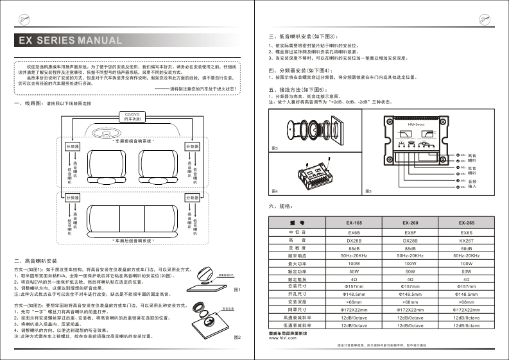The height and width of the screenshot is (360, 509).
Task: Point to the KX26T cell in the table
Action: click(x=467, y=239)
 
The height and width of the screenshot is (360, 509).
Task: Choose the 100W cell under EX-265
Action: click(x=467, y=264)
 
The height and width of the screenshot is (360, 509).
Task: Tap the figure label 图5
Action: click(x=368, y=191)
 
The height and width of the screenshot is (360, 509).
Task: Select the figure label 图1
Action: click(x=237, y=289)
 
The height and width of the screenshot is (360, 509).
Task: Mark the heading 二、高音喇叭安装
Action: click(x=37, y=261)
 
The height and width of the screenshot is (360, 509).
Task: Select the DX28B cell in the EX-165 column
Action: click(x=354, y=239)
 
